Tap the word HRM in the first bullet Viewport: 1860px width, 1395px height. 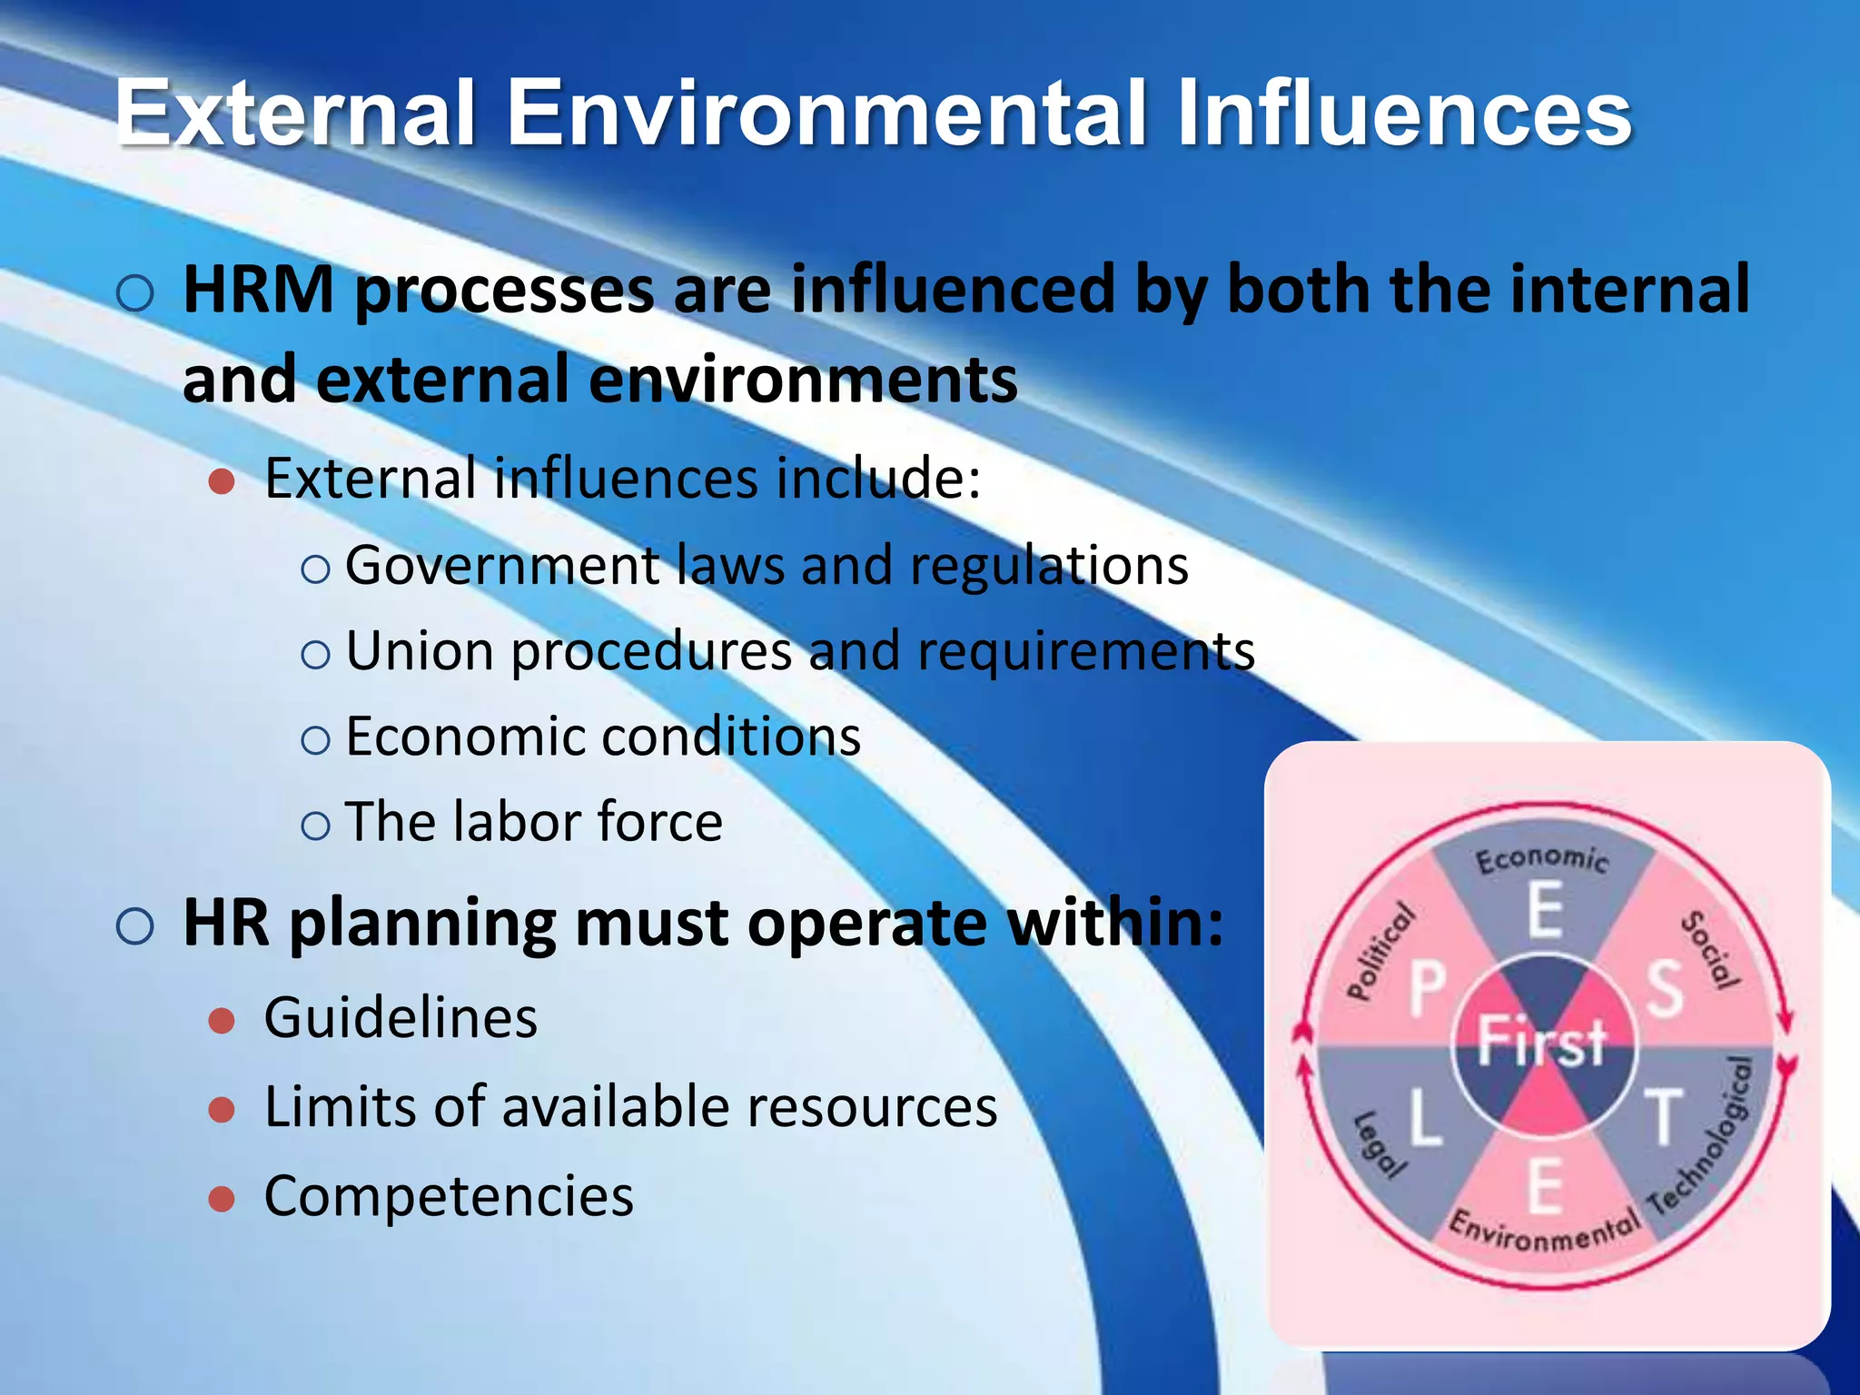(x=259, y=290)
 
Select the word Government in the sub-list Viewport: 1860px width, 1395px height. (x=500, y=566)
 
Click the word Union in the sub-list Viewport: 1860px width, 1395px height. (x=420, y=651)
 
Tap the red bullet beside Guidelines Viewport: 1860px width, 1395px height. (x=222, y=1021)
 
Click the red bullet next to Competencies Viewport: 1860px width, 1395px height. (x=222, y=1199)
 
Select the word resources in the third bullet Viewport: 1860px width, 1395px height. (x=876, y=1107)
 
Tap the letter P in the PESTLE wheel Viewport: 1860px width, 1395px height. (x=1427, y=989)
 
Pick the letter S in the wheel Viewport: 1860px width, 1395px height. (x=1664, y=989)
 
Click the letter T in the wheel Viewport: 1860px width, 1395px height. (x=1664, y=1116)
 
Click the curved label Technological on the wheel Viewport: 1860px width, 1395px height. (x=1702, y=1135)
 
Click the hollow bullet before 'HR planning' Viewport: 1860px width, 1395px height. (x=135, y=927)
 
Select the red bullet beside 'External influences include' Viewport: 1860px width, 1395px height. (x=222, y=481)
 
